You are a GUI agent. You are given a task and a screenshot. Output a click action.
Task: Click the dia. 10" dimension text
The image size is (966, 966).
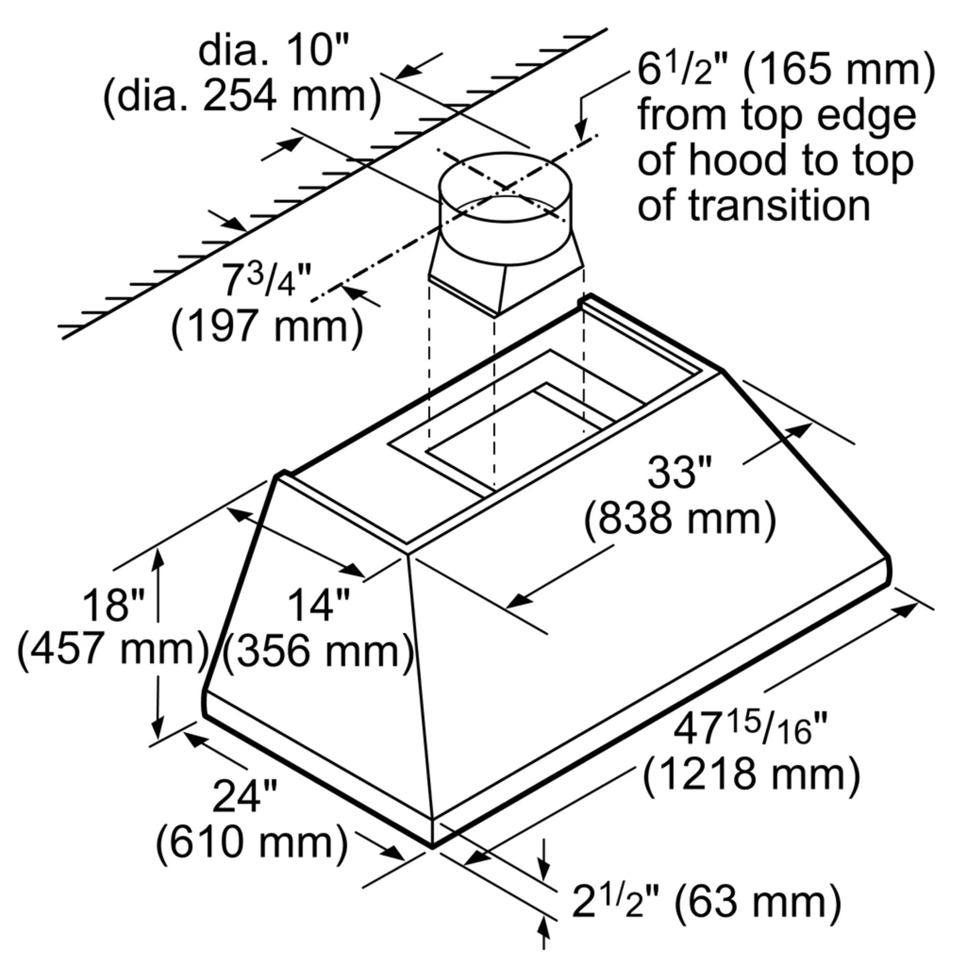click(x=272, y=52)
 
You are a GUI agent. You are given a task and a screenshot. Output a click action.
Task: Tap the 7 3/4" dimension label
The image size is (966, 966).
click(x=267, y=281)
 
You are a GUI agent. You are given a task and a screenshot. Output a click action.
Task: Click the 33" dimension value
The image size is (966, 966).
click(x=679, y=472)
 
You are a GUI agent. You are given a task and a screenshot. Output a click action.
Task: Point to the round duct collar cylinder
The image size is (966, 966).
click(x=505, y=220)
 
